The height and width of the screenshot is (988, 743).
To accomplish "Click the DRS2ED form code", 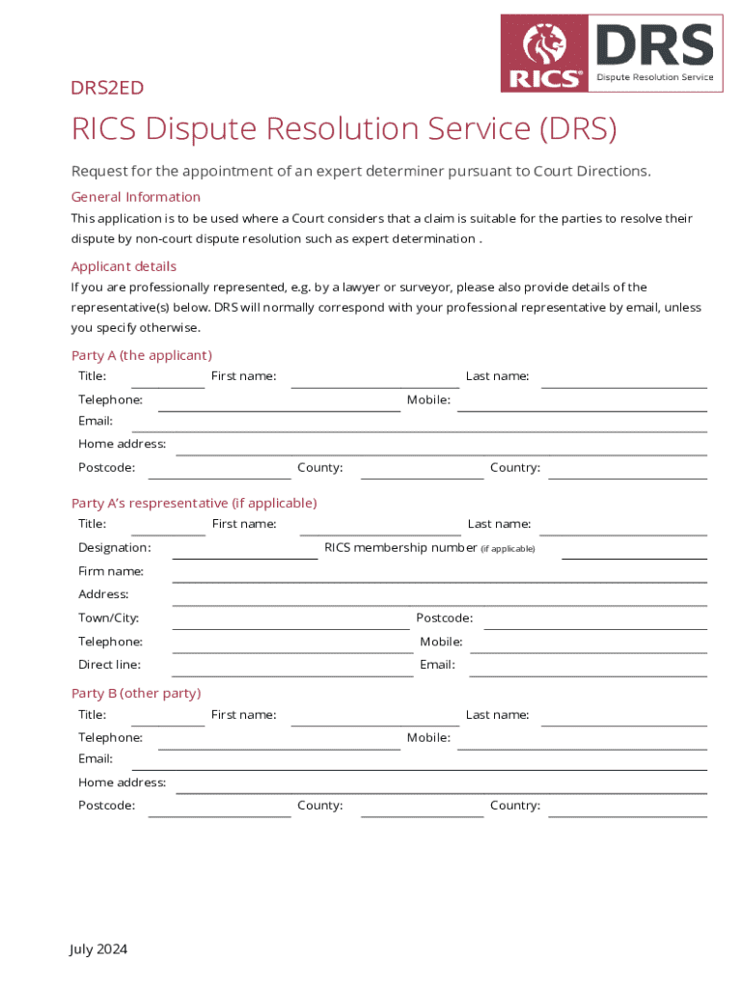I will [x=107, y=88].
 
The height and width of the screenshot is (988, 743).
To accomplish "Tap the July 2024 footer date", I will [x=98, y=949].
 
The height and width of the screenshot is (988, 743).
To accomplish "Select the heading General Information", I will [x=136, y=197].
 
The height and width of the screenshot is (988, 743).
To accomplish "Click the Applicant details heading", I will [x=124, y=266].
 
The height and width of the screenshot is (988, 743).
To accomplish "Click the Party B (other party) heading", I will [x=136, y=693].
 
